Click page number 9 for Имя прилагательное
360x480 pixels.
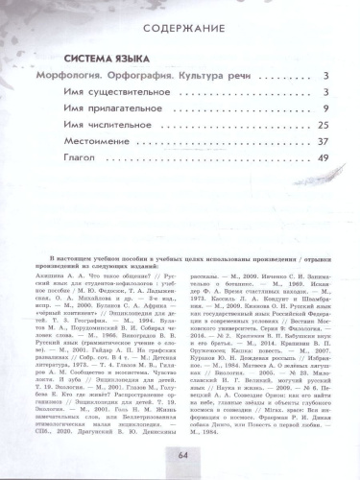(x=327, y=109)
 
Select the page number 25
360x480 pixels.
(x=324, y=126)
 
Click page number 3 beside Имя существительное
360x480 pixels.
(x=327, y=93)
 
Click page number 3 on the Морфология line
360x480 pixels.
(x=327, y=76)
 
